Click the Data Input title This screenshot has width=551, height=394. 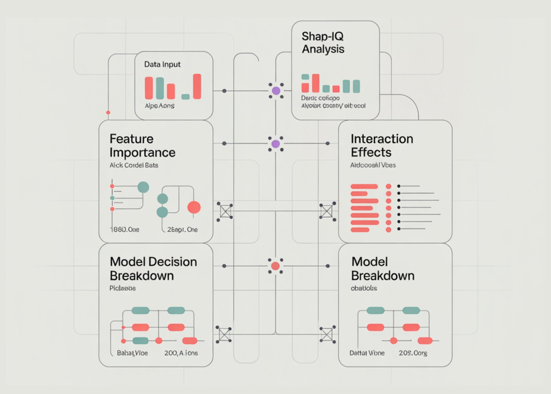pyautogui.click(x=162, y=64)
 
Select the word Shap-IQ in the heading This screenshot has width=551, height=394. pyautogui.click(x=322, y=37)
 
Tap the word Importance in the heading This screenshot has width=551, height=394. pyautogui.click(x=142, y=152)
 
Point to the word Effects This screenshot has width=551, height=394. pyautogui.click(x=371, y=152)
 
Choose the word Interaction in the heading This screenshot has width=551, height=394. pyautogui.click(x=382, y=139)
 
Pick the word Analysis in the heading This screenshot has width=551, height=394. pyautogui.click(x=323, y=49)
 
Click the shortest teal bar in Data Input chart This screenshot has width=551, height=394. pyautogui.click(x=185, y=97)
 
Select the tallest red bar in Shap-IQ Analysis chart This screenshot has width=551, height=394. pyautogui.click(x=315, y=83)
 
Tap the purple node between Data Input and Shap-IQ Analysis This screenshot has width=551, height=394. pyautogui.click(x=276, y=91)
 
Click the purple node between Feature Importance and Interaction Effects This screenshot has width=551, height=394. pyautogui.click(x=276, y=144)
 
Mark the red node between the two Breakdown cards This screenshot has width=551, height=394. pyautogui.click(x=275, y=266)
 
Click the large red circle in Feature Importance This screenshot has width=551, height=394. pyautogui.click(x=194, y=207)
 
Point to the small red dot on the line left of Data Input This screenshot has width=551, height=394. pyautogui.click(x=108, y=112)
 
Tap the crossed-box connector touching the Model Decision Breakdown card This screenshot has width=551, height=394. pyautogui.click(x=224, y=334)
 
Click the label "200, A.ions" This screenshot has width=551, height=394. pyautogui.click(x=181, y=353)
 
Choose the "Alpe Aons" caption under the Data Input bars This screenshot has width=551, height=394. pyautogui.click(x=159, y=106)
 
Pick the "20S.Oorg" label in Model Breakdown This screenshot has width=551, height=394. pyautogui.click(x=413, y=353)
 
